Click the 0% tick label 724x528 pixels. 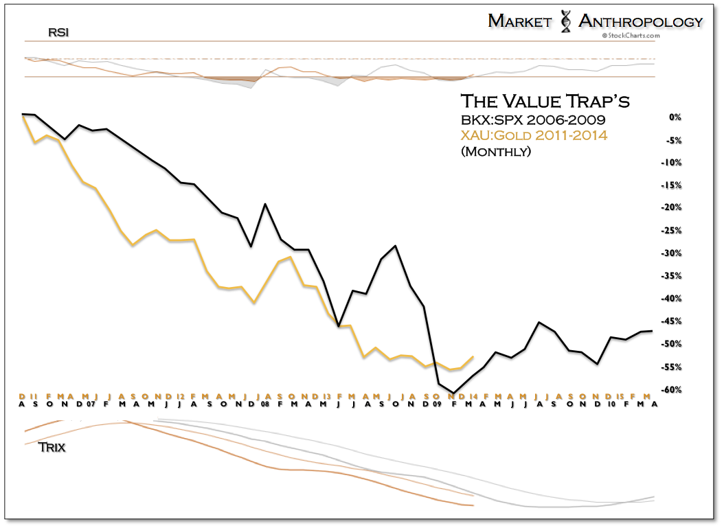(676, 117)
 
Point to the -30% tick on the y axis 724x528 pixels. (673, 253)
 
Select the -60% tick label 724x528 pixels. (673, 390)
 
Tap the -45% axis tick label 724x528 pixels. (673, 321)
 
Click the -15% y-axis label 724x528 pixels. (673, 185)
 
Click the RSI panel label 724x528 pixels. (58, 32)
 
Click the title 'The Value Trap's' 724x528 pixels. (545, 102)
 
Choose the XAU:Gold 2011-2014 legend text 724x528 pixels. (534, 135)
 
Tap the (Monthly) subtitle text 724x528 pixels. (496, 151)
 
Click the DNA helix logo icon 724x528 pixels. (565, 21)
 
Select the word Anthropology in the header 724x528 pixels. (641, 21)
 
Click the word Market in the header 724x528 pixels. (520, 21)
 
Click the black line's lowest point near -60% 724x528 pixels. (453, 393)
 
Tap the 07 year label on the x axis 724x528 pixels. (91, 404)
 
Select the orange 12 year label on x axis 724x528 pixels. (180, 396)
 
